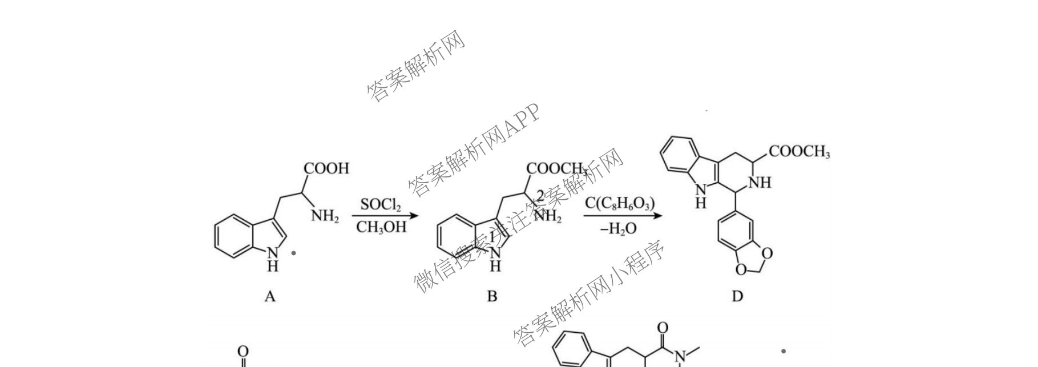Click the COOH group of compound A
(326, 168)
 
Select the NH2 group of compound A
(325, 216)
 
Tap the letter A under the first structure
(270, 296)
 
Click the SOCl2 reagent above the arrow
(381, 204)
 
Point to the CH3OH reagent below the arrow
(381, 227)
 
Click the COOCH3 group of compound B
(556, 168)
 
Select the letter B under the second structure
(492, 296)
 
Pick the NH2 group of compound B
(547, 217)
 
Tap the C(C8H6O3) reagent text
(620, 203)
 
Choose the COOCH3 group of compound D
(799, 152)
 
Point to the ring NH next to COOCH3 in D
(760, 183)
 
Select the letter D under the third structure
(737, 296)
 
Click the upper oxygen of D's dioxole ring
(768, 253)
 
